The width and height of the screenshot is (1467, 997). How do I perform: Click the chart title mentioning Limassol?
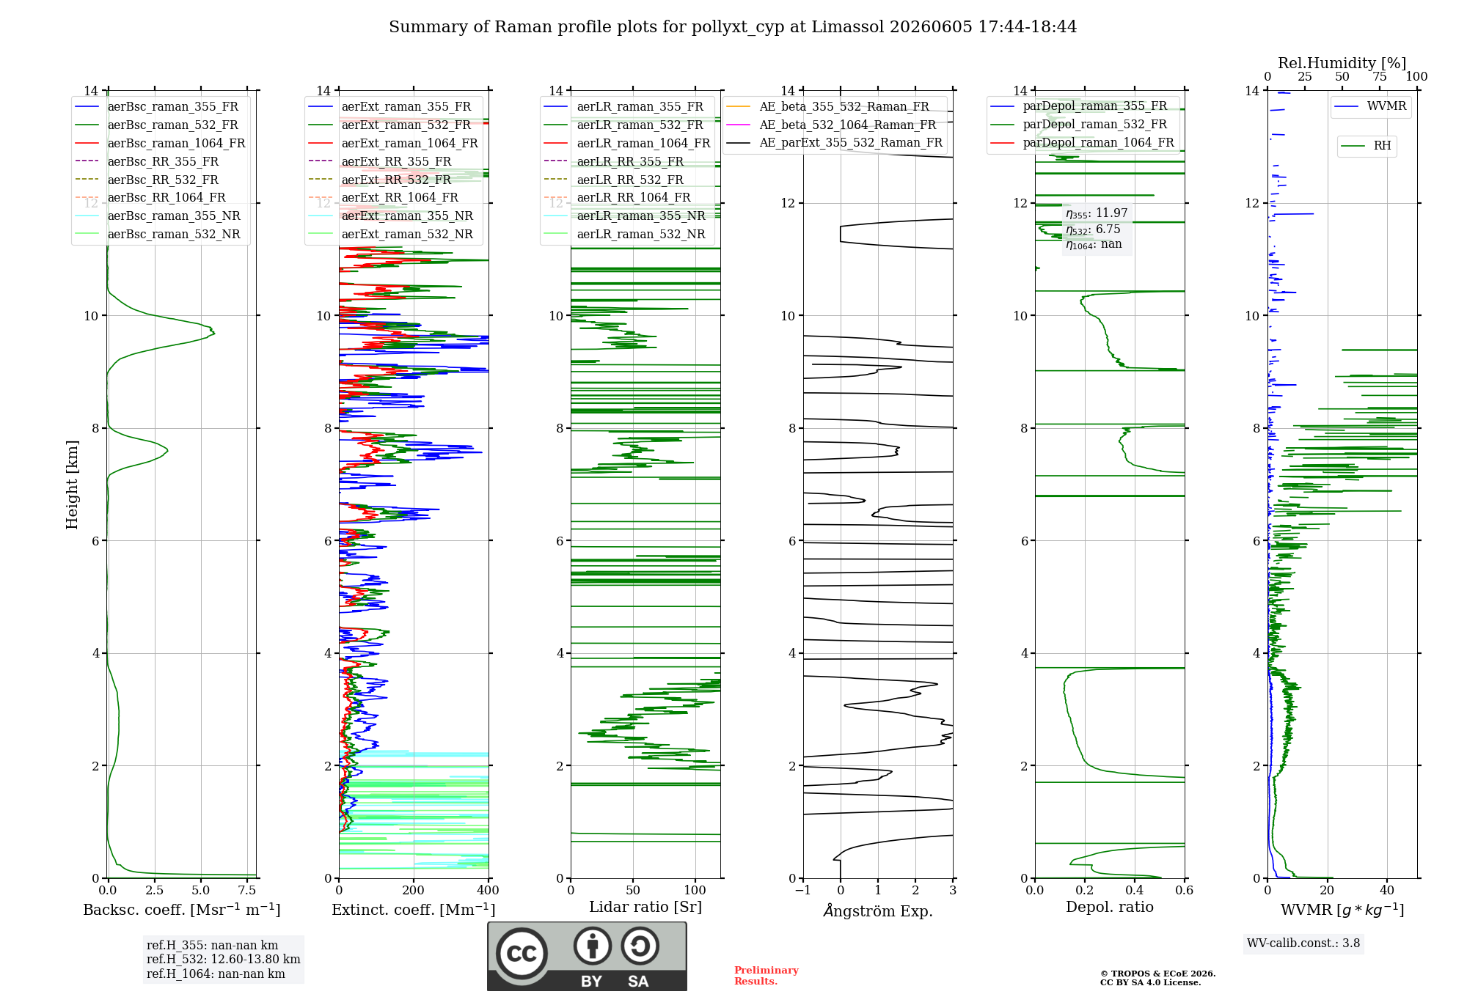[x=733, y=27]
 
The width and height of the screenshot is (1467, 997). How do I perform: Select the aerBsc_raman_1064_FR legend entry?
[x=160, y=143]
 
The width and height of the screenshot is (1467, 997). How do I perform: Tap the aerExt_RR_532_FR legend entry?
[x=380, y=180]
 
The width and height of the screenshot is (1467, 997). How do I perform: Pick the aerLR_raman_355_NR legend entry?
[x=625, y=216]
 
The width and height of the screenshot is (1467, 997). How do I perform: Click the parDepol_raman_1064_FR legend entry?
[x=1082, y=142]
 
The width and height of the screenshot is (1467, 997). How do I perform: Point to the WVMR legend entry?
[x=1370, y=106]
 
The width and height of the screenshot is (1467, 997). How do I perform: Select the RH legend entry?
[x=1366, y=146]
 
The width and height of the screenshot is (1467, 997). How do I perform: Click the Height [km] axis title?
[x=72, y=485]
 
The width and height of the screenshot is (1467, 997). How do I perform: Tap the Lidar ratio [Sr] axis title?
[x=645, y=907]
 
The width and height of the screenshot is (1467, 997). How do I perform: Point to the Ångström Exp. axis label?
[x=878, y=910]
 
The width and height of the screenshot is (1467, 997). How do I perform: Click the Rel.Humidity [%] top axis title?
[x=1342, y=63]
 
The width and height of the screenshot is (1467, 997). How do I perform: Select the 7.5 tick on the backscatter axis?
[x=247, y=891]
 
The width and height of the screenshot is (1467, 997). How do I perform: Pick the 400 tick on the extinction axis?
[x=488, y=891]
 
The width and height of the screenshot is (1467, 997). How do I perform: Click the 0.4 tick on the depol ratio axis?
[x=1135, y=891]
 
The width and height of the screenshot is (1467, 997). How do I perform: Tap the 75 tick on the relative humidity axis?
[x=1380, y=77]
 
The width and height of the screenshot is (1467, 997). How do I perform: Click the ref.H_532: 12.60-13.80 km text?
[x=224, y=960]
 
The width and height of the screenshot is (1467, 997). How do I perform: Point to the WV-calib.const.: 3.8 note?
[x=1303, y=943]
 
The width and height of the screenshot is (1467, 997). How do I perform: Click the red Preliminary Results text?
[x=767, y=976]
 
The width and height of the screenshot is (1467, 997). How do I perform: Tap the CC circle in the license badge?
[x=522, y=954]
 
